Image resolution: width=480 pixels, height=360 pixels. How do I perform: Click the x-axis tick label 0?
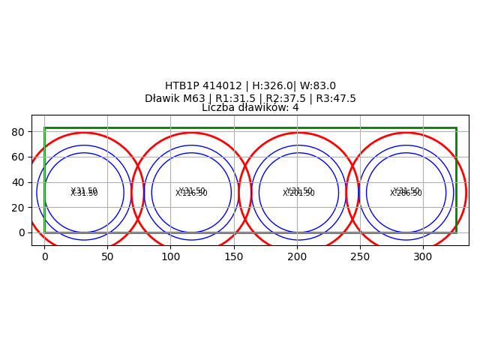coord(44,256)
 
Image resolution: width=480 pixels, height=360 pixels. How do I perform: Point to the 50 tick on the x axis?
coord(107,256)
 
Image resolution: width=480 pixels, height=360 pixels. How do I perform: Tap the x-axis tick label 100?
coord(170,256)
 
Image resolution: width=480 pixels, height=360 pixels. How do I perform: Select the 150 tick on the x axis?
coord(234,256)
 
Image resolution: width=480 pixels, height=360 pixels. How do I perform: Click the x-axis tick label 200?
coord(297,256)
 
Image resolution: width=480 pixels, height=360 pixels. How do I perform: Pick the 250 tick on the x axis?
coord(360,256)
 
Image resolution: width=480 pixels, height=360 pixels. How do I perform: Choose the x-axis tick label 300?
coord(423,256)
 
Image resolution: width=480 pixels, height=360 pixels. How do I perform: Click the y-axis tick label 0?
coord(22,232)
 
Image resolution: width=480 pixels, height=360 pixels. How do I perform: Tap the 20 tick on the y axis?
coord(19,208)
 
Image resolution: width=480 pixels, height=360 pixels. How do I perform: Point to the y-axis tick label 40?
coord(19,182)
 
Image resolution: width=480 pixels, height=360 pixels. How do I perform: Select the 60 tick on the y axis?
coord(19,157)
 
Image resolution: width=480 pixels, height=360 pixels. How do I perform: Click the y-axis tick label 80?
coord(19,132)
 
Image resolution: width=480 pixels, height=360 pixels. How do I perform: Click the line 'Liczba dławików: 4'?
coord(250,108)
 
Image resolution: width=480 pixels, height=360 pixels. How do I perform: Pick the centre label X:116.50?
coord(192,193)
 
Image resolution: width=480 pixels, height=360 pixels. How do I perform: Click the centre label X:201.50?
coord(299,193)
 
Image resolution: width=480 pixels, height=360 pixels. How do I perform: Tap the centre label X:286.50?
coord(406,193)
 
